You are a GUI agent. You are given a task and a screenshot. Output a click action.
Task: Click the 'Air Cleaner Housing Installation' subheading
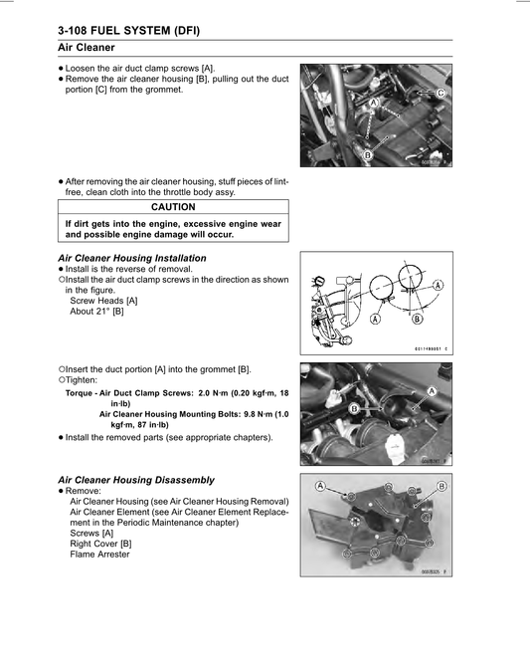(x=132, y=258)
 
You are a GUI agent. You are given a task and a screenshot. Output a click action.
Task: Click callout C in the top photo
(x=441, y=92)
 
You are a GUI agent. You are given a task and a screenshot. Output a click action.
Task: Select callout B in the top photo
(x=368, y=155)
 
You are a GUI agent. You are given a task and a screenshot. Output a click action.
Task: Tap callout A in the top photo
(x=374, y=103)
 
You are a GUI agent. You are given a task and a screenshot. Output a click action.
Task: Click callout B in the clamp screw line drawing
(x=417, y=320)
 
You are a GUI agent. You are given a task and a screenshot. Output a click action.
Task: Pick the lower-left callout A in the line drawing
(x=374, y=320)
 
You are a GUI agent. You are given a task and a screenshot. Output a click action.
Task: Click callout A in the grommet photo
(x=432, y=391)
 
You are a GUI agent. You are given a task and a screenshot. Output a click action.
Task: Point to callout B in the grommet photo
(x=354, y=408)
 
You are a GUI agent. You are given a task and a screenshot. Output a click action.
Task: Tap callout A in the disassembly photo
(x=321, y=485)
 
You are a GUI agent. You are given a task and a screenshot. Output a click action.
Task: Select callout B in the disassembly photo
(x=442, y=486)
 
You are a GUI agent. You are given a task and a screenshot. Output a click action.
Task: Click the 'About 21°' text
(x=96, y=311)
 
